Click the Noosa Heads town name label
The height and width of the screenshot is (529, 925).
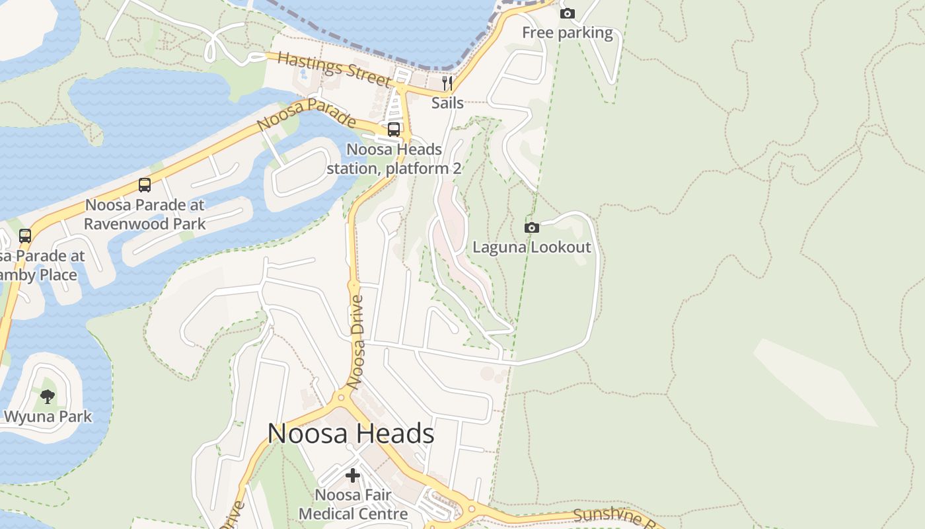[351, 434]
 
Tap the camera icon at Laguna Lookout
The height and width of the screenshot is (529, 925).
[531, 228]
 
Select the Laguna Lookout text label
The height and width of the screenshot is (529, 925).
[532, 247]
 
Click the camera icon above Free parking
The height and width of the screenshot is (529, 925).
[567, 13]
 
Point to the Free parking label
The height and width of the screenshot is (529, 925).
[567, 32]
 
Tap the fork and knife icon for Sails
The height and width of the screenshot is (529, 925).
[447, 83]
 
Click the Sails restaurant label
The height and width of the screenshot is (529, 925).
[447, 102]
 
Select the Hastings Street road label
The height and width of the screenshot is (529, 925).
[335, 69]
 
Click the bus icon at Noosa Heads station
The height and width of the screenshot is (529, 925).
[393, 130]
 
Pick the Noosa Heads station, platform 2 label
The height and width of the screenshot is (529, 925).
[394, 159]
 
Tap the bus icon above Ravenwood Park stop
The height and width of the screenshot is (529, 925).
[145, 185]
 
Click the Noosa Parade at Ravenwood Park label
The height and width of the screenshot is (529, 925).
[145, 214]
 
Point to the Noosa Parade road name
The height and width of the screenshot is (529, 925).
[306, 114]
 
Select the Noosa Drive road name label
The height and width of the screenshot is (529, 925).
[356, 342]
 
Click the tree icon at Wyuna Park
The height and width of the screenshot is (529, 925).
[48, 397]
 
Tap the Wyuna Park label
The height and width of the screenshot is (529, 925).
[48, 417]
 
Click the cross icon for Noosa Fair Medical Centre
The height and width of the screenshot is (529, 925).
[353, 475]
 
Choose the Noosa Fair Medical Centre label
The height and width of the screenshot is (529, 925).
[353, 504]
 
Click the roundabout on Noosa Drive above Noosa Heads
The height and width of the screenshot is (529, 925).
[342, 397]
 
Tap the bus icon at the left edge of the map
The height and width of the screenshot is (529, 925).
[25, 235]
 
